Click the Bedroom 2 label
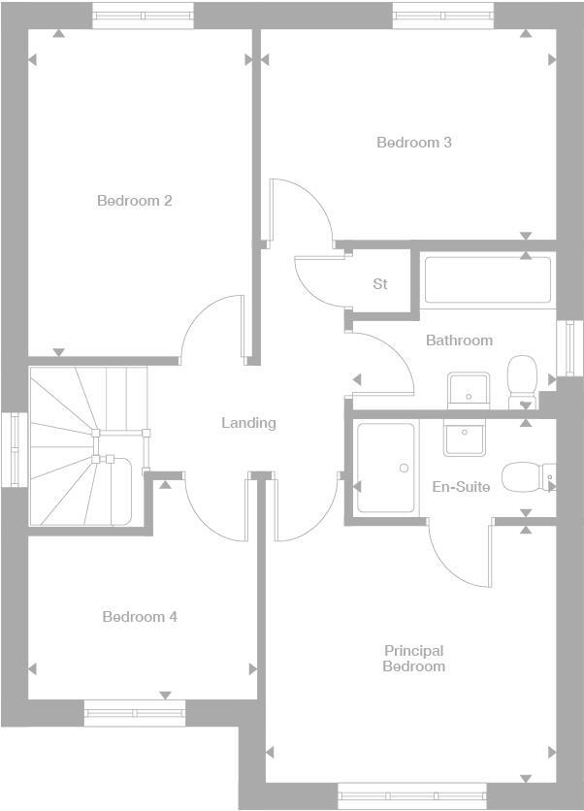coord(135,201)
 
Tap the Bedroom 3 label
coord(414,143)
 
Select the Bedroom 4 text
coord(140,617)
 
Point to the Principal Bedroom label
coord(413,659)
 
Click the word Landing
coord(248,423)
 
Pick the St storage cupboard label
coord(380,284)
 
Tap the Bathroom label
coord(459,341)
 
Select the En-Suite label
coord(461,487)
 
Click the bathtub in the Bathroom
coord(488,281)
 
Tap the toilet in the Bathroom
coord(523,378)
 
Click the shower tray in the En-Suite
coord(385,468)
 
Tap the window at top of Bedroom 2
coord(143,16)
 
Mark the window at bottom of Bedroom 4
coord(135,713)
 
